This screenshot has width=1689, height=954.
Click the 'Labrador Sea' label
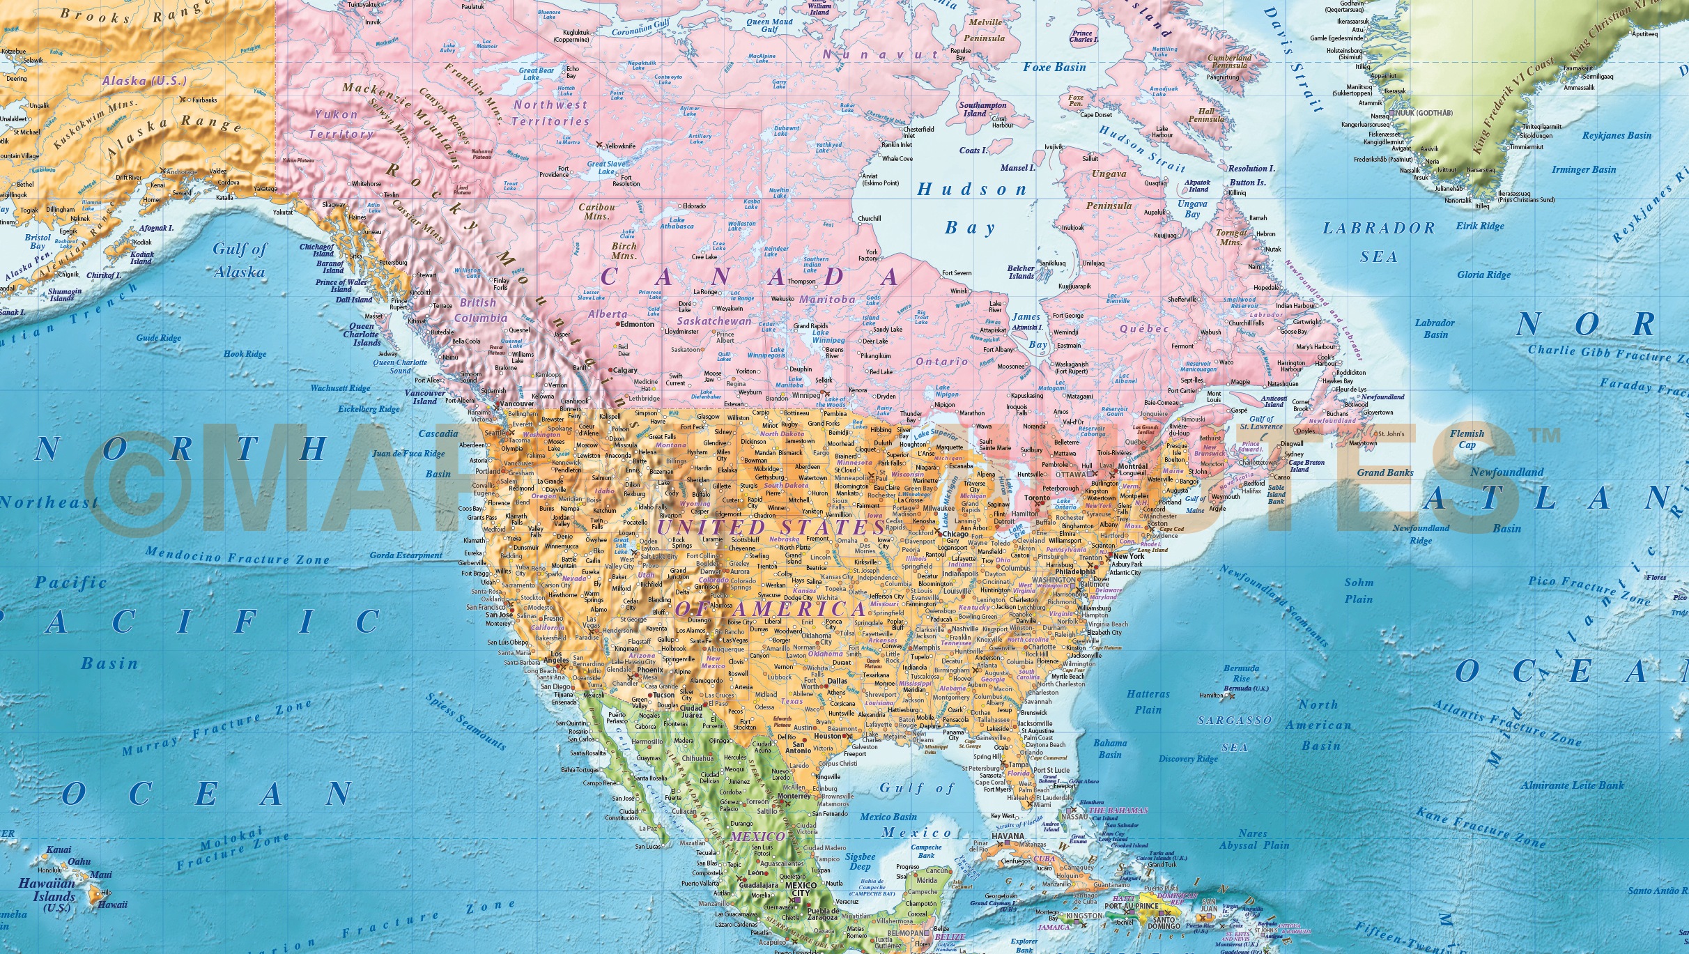pyautogui.click(x=1379, y=242)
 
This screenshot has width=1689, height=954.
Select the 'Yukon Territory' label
pyautogui.click(x=341, y=124)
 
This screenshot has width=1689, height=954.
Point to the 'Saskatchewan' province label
pyautogui.click(x=714, y=321)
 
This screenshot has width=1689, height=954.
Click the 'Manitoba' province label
pyautogui.click(x=827, y=300)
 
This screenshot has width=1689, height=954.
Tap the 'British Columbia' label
pyautogui.click(x=480, y=310)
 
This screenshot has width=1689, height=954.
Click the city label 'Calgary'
pyautogui.click(x=624, y=370)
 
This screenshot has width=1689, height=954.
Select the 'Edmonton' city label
pyautogui.click(x=637, y=324)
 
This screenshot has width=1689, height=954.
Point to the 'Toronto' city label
pyautogui.click(x=1037, y=498)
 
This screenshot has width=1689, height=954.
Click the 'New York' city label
pyautogui.click(x=1128, y=556)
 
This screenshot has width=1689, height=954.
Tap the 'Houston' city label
pyautogui.click(x=828, y=736)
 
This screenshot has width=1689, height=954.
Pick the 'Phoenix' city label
pyautogui.click(x=650, y=670)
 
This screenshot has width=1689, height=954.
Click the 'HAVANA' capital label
pyautogui.click(x=1008, y=836)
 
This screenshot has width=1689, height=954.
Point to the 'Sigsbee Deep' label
pyautogui.click(x=860, y=861)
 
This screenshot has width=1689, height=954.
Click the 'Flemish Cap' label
pyautogui.click(x=1467, y=439)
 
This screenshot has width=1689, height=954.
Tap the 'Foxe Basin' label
pyautogui.click(x=1054, y=68)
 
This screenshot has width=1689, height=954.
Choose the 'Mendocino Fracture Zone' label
pyautogui.click(x=237, y=556)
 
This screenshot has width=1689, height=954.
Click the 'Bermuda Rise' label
pyautogui.click(x=1241, y=673)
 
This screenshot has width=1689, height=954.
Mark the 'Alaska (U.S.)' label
pyautogui.click(x=144, y=81)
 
